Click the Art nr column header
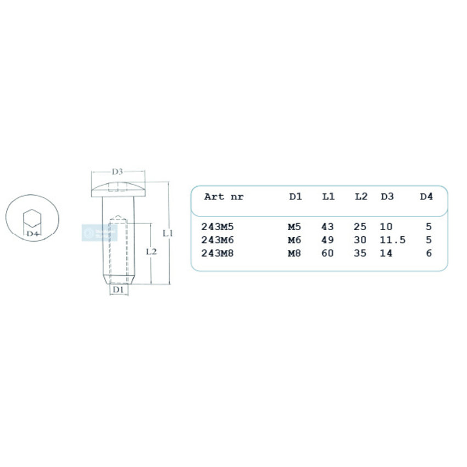(223, 197)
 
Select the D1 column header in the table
(296, 197)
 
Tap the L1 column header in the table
(328, 197)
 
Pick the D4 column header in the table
(426, 197)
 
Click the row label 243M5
(218, 226)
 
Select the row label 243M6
(218, 240)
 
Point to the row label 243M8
(218, 254)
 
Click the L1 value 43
(327, 226)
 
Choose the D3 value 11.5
(392, 240)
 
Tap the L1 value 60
(327, 254)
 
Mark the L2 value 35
(360, 254)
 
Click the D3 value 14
(386, 254)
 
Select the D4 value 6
(429, 254)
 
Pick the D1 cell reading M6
(294, 240)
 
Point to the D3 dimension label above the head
(118, 172)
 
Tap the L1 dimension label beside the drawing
(169, 233)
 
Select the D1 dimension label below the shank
(117, 290)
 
